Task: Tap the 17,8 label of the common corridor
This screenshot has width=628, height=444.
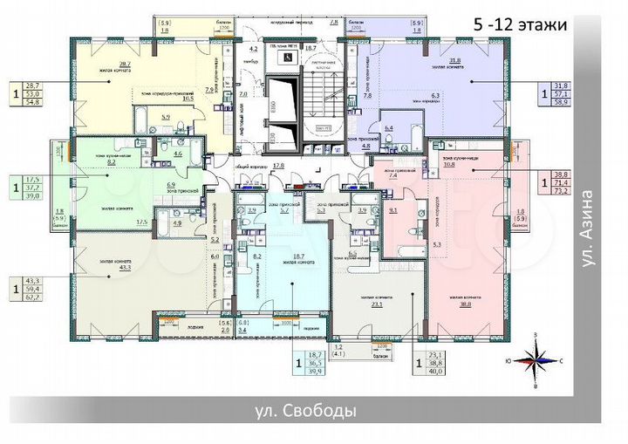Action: click(x=279, y=164)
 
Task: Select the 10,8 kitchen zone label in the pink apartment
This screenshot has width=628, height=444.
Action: click(x=450, y=163)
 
